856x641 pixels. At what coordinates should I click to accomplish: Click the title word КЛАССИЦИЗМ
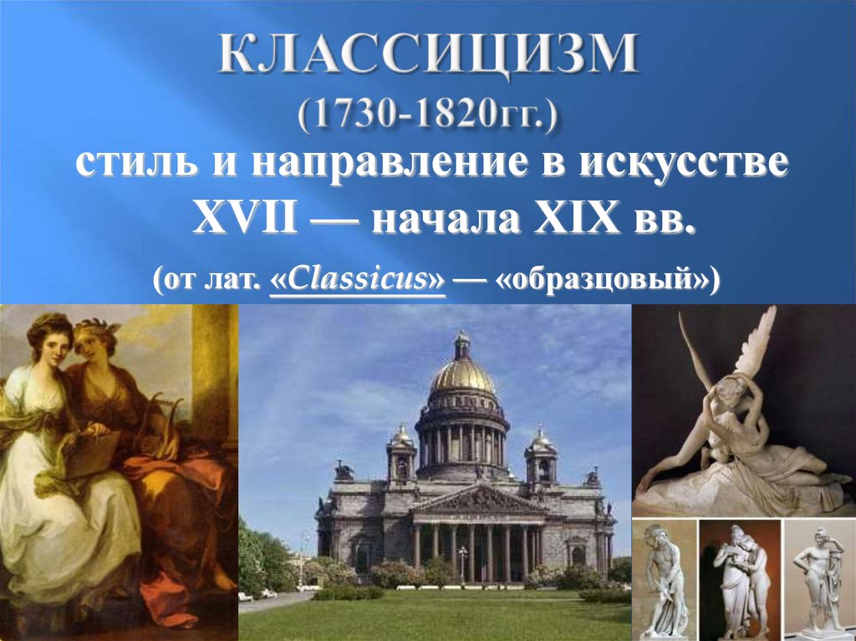[x=429, y=54]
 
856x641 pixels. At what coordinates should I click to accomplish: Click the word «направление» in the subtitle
[x=389, y=164]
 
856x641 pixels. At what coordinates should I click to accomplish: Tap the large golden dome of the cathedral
[x=462, y=374]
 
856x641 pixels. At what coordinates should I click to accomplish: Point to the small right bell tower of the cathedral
[x=541, y=456]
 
